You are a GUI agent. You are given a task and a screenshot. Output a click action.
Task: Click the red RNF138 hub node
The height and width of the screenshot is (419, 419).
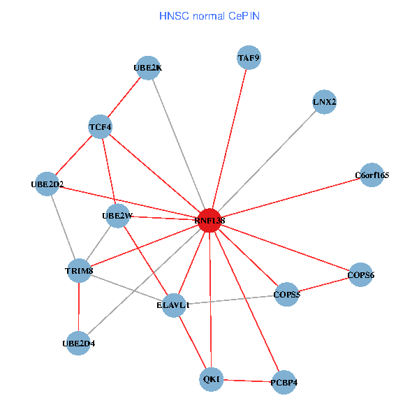tap(209, 220)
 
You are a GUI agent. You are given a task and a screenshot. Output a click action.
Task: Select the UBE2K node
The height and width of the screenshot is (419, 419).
tap(147, 68)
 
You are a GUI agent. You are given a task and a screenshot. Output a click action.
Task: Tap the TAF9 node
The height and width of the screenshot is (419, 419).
tap(249, 58)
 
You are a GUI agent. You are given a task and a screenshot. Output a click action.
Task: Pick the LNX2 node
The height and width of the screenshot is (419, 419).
tap(324, 102)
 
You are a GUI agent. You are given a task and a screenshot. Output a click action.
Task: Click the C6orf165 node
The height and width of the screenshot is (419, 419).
tap(371, 175)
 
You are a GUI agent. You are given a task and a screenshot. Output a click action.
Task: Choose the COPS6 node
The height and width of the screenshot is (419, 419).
tap(360, 275)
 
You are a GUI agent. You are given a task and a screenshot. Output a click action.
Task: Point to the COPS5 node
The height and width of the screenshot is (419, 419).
tap(287, 294)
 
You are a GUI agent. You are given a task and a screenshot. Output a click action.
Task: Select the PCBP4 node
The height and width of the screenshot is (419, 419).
tap(284, 383)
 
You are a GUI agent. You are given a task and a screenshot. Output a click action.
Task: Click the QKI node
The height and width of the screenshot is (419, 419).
tap(211, 379)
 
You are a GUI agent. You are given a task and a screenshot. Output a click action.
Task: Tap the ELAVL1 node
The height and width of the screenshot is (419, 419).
tap(175, 305)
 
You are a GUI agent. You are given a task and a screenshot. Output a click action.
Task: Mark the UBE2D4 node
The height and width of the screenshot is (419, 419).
tap(78, 343)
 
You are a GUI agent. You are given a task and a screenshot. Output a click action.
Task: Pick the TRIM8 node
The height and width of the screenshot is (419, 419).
tap(79, 270)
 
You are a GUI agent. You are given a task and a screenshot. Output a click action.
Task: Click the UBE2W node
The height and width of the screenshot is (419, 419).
tap(116, 216)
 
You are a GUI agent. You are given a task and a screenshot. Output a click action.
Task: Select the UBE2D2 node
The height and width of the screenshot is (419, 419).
tap(47, 184)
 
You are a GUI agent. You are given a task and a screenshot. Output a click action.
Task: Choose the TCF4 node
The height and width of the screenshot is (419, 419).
tap(101, 127)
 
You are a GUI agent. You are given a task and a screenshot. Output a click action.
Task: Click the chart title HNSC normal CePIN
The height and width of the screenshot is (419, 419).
tap(209, 15)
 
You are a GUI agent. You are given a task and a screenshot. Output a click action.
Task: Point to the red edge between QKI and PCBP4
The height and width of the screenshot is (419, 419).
tap(247, 381)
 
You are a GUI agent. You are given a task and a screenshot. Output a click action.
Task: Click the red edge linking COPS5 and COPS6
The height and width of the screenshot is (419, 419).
tap(323, 285)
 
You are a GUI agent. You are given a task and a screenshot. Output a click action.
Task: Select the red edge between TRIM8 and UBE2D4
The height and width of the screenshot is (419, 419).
tap(79, 307)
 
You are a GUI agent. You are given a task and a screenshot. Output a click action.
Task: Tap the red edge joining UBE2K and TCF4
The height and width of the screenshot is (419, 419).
tap(124, 97)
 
